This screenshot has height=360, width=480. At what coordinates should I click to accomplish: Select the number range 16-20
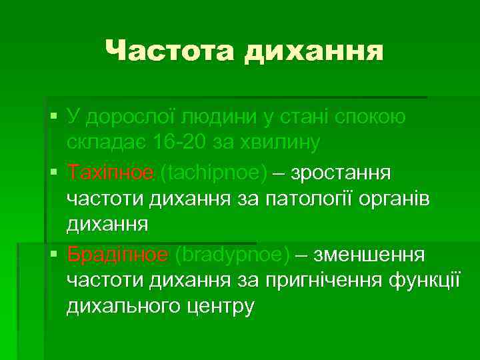[181, 143]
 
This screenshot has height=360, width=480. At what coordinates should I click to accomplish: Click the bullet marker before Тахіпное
[53, 173]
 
